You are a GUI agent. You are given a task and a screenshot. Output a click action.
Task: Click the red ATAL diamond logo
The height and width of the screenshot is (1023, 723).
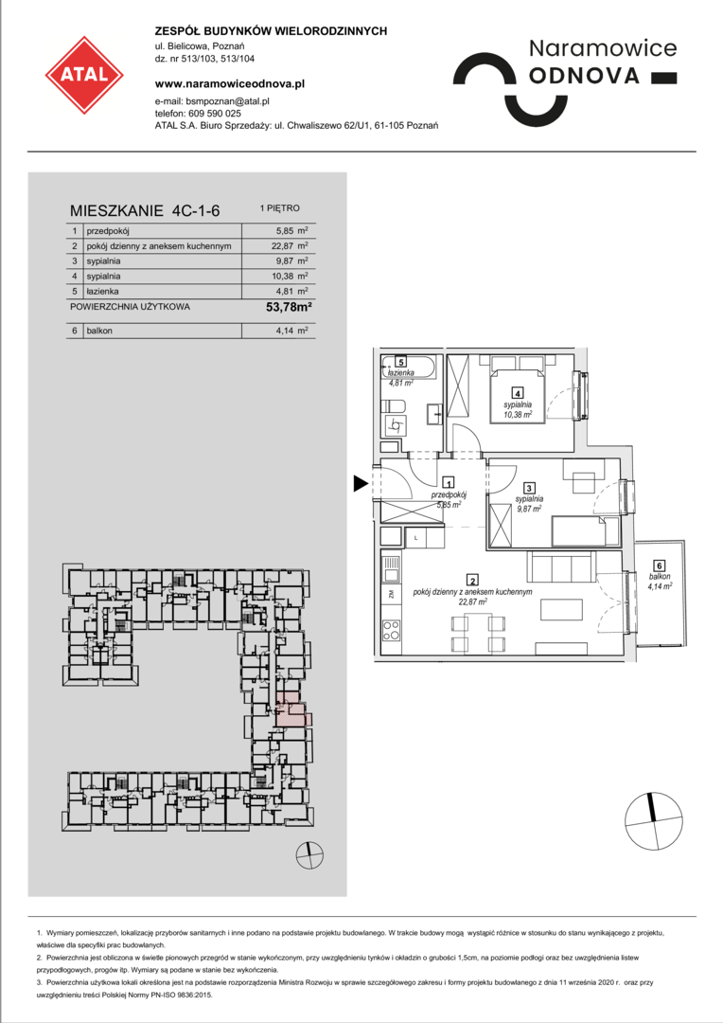click(x=84, y=75)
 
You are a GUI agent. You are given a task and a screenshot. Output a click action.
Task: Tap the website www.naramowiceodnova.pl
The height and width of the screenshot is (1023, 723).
click(x=229, y=83)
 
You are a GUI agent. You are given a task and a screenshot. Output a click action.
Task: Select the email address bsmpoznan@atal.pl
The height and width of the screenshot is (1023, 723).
click(x=227, y=101)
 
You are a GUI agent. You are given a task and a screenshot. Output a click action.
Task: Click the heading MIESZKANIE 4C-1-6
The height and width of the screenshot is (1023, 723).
click(x=145, y=210)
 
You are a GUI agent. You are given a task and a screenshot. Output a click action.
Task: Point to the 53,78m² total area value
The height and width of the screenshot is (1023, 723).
click(x=290, y=307)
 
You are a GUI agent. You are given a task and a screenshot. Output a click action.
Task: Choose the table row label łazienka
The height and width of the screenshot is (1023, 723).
click(x=102, y=292)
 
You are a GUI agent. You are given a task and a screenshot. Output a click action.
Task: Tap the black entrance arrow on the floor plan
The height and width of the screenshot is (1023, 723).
click(x=361, y=483)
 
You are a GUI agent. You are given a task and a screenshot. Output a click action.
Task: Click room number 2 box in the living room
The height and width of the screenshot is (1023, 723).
click(x=472, y=580)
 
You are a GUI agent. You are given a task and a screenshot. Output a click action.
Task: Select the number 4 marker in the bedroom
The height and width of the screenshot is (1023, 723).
click(x=517, y=393)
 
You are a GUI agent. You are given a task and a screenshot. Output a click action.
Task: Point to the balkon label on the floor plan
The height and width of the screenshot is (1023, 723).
click(x=659, y=577)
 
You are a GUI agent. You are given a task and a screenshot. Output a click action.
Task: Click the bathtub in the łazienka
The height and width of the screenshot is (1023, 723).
click(x=409, y=367)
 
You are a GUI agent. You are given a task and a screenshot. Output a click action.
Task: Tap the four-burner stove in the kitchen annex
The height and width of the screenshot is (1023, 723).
click(x=391, y=630)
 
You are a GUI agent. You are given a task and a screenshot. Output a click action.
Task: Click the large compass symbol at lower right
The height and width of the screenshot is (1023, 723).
click(x=653, y=822)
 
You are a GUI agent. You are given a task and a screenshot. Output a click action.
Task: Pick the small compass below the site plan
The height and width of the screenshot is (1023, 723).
click(x=309, y=854)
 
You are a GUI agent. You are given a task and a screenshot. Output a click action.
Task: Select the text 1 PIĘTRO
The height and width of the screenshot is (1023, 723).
click(x=280, y=208)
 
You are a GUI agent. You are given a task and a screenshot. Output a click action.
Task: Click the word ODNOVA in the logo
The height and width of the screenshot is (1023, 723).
click(x=584, y=77)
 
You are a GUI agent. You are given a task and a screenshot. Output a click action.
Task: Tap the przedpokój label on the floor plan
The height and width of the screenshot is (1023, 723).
click(x=449, y=495)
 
